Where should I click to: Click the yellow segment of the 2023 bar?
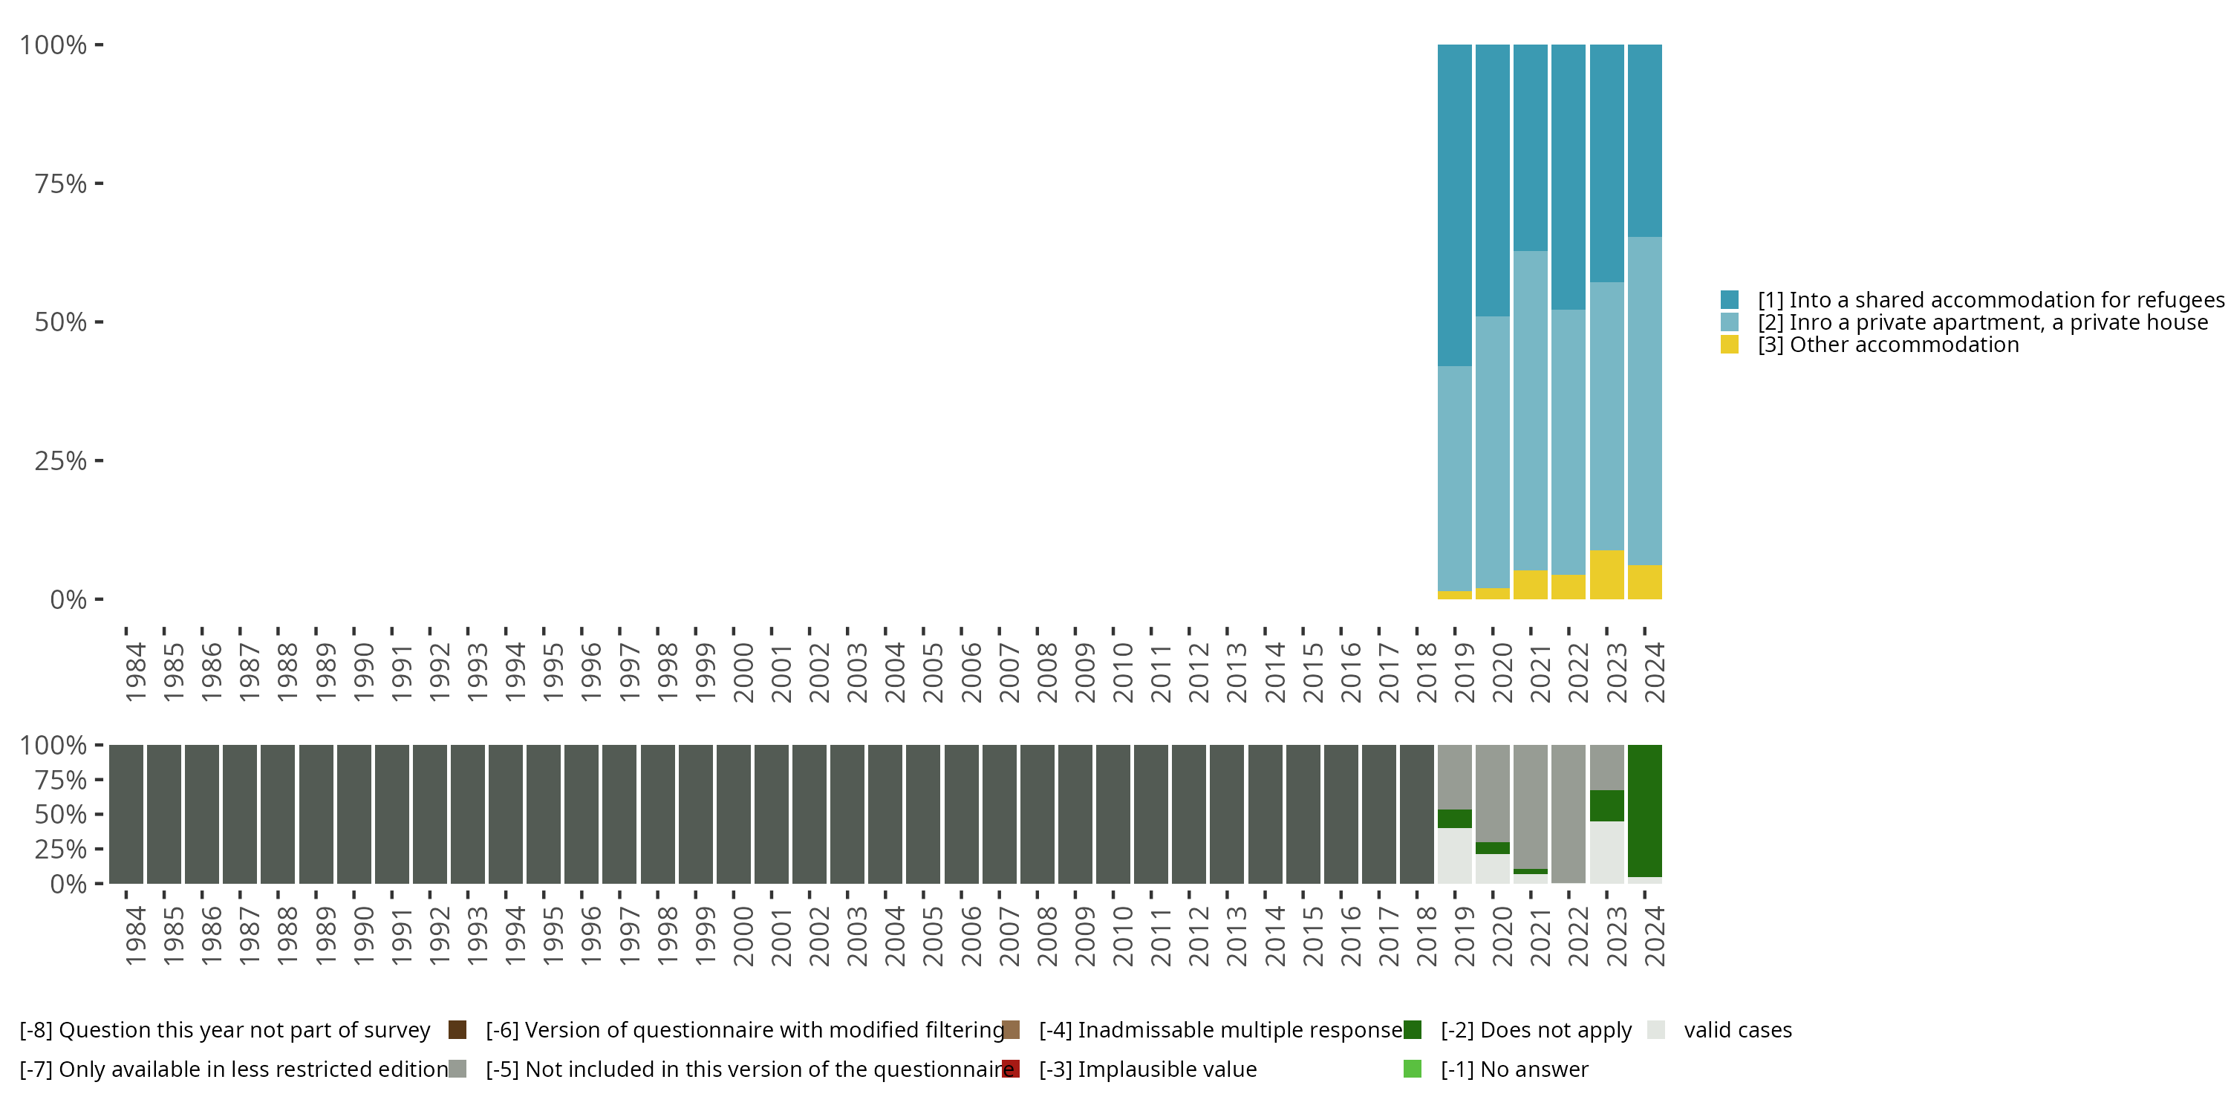pyautogui.click(x=1606, y=574)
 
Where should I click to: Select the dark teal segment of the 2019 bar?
pyautogui.click(x=1454, y=205)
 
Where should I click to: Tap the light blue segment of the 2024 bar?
pyautogui.click(x=1644, y=400)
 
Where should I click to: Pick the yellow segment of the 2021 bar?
pyautogui.click(x=1530, y=584)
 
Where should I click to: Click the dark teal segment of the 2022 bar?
pyautogui.click(x=1568, y=177)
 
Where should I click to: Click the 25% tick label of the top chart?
pyautogui.click(x=61, y=461)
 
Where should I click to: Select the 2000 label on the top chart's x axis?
pyautogui.click(x=743, y=672)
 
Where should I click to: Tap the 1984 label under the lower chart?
pyautogui.click(x=135, y=936)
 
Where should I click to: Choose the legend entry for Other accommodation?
pyautogui.click(x=1888, y=345)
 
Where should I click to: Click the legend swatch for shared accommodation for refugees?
pyautogui.click(x=1729, y=300)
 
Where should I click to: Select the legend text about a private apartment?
pyautogui.click(x=1981, y=322)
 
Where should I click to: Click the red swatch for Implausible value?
pyautogui.click(x=1010, y=1069)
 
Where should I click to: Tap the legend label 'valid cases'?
pyautogui.click(x=1737, y=1030)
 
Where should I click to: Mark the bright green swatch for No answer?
pyautogui.click(x=1412, y=1069)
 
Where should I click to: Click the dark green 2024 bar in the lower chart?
pyautogui.click(x=1644, y=810)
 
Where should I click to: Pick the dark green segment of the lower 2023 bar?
pyautogui.click(x=1606, y=805)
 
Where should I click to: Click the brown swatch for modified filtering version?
pyautogui.click(x=1010, y=1030)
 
